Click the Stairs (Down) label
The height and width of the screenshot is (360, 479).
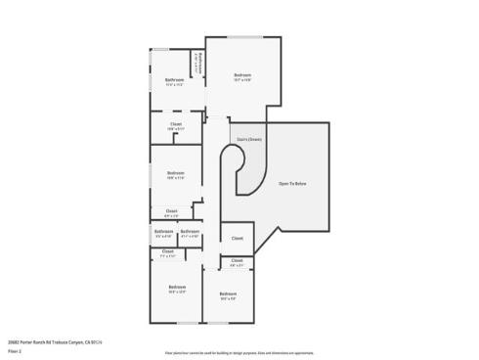pyautogui.click(x=249, y=139)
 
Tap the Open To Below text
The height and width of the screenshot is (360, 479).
pyautogui.click(x=292, y=184)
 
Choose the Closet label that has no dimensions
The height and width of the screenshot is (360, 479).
pyautogui.click(x=238, y=238)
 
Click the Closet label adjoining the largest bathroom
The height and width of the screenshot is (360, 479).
pyautogui.click(x=176, y=124)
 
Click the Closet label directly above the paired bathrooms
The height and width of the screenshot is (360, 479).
pyautogui.click(x=171, y=211)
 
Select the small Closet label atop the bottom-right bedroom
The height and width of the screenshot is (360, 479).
pyautogui.click(x=237, y=260)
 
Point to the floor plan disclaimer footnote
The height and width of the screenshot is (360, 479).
pyautogui.click(x=239, y=350)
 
